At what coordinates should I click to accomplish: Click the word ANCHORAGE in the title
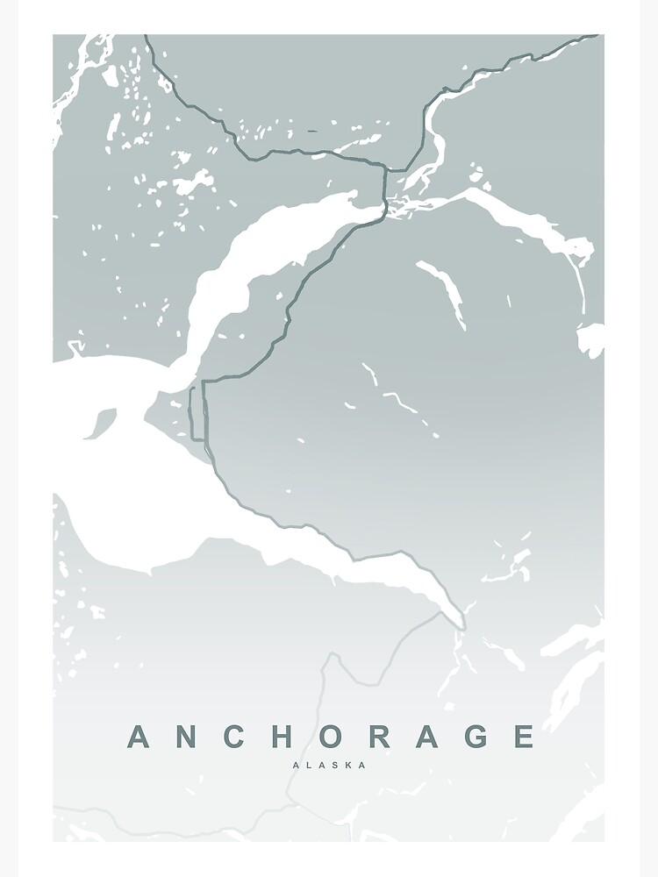click(x=331, y=737)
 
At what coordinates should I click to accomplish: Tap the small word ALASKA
click(x=331, y=765)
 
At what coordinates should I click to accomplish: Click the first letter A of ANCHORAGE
click(x=140, y=737)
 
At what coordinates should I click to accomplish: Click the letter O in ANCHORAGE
click(x=331, y=737)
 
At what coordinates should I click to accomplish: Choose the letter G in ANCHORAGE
click(x=476, y=737)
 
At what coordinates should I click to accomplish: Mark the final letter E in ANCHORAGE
click(x=524, y=737)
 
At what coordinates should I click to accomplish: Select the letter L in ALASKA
click(x=309, y=765)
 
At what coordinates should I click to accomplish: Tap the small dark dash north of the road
click(x=312, y=132)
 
